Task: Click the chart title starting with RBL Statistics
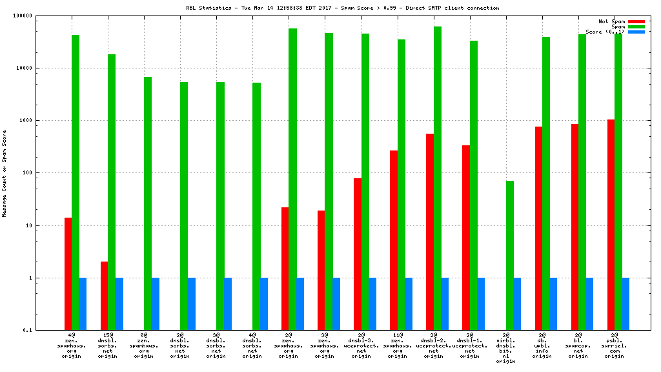point(342,8)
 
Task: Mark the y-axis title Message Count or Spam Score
point(5,173)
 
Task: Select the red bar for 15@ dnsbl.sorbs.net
point(104,296)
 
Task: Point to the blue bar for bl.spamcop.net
point(589,304)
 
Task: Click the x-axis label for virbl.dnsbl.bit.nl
point(506,348)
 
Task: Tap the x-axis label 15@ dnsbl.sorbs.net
point(108,346)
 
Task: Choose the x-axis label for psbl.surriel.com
point(615,346)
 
